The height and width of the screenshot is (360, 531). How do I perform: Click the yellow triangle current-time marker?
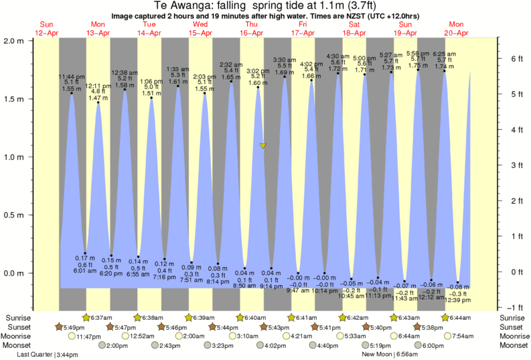coord(264,145)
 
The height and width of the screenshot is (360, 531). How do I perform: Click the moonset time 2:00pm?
coord(116,345)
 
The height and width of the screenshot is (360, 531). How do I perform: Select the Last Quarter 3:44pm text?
coord(47,354)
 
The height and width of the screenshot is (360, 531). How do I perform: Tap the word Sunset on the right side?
coord(513,327)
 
